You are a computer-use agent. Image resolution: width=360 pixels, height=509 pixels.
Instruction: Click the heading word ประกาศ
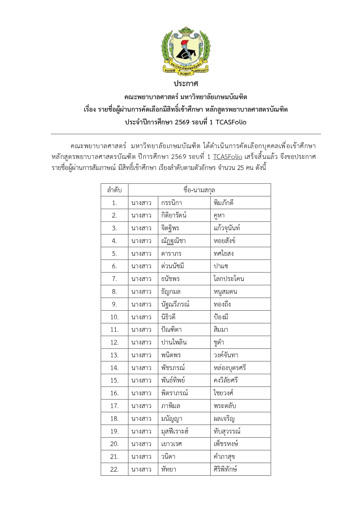186,84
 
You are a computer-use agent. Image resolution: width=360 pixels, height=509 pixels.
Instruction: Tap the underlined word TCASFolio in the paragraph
227,157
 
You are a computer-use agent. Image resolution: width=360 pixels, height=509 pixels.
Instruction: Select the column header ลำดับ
114,190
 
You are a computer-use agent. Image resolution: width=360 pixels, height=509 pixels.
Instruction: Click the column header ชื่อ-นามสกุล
199,190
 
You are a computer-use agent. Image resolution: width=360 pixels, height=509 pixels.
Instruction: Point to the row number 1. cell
114,203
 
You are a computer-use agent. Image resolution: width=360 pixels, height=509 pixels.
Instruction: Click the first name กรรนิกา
172,203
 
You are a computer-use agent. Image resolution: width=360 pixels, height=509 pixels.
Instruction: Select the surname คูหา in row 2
219,215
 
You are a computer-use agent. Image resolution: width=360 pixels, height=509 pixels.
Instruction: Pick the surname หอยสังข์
225,241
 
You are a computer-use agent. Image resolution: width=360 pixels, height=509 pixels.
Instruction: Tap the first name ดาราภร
171,253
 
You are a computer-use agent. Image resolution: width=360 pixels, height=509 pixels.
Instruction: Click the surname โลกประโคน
229,279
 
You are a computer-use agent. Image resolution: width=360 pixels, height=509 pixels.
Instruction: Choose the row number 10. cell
114,317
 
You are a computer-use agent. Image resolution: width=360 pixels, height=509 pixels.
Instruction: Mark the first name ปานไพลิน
174,342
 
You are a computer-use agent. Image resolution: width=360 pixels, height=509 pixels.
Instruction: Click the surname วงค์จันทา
226,355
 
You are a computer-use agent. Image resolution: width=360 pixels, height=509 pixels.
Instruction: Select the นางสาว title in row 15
141,380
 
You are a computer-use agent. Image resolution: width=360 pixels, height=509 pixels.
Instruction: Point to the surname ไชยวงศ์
223,393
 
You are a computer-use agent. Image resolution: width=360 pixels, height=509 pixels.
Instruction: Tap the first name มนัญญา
172,419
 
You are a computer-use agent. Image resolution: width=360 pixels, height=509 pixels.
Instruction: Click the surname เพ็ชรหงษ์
226,444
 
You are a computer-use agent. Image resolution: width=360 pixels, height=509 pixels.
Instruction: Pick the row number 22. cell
114,469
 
